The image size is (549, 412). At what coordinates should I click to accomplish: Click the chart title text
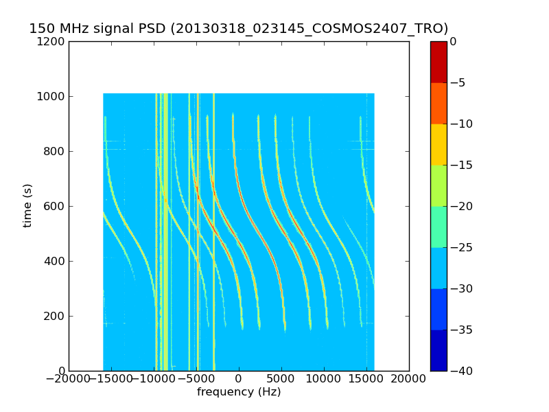(x=238, y=29)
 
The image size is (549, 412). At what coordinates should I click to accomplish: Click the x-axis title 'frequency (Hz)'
(x=239, y=392)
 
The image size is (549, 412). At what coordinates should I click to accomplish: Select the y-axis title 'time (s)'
(x=27, y=205)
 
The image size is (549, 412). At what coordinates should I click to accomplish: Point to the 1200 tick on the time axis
(x=52, y=41)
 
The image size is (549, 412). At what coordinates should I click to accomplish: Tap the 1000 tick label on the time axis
(x=52, y=96)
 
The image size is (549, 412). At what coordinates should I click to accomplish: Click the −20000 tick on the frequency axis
(x=67, y=379)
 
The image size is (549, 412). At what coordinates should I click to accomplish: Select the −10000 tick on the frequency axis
(x=153, y=379)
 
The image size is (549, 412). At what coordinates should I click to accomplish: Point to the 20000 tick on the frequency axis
(x=409, y=379)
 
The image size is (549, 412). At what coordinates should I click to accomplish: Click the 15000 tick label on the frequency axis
(x=366, y=379)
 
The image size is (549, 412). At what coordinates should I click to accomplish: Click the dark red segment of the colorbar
(x=439, y=62)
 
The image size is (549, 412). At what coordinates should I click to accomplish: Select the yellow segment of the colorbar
(x=439, y=144)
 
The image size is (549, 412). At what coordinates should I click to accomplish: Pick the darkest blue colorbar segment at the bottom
(x=439, y=350)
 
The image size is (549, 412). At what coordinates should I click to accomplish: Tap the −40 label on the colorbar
(x=460, y=371)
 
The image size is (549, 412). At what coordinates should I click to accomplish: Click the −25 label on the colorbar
(x=460, y=247)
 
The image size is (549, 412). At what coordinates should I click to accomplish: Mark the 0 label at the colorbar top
(x=454, y=41)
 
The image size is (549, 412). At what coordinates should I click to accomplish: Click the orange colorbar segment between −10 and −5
(x=439, y=103)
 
